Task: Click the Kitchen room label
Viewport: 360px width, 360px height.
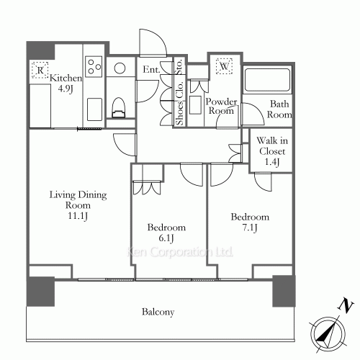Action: pos(66,83)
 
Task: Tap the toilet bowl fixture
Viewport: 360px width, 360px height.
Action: pos(119,107)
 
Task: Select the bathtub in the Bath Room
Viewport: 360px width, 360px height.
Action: pos(267,80)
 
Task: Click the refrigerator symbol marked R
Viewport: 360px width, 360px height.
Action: pos(40,70)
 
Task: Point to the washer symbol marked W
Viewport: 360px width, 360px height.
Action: pos(224,66)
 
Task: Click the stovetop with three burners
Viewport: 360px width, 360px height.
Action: pos(94,66)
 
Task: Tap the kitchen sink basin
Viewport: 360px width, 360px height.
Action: pos(94,109)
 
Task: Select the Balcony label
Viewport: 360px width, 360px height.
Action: pos(158,312)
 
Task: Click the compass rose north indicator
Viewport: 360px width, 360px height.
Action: pos(328,333)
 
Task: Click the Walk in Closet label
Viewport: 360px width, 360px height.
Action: pos(272,151)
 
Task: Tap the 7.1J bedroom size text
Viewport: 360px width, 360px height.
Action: pos(250,228)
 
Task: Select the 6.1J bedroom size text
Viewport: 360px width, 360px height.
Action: pos(166,238)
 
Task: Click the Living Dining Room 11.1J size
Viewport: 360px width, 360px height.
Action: pos(78,216)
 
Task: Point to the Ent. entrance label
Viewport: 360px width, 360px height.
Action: pos(151,70)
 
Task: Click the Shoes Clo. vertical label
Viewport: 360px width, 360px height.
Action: pos(179,103)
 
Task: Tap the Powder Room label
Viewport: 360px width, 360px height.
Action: pos(221,106)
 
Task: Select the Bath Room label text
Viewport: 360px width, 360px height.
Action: pos(279,109)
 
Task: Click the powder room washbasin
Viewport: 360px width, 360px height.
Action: pos(195,105)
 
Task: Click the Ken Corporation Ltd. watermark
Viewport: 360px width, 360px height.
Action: pos(180,252)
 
